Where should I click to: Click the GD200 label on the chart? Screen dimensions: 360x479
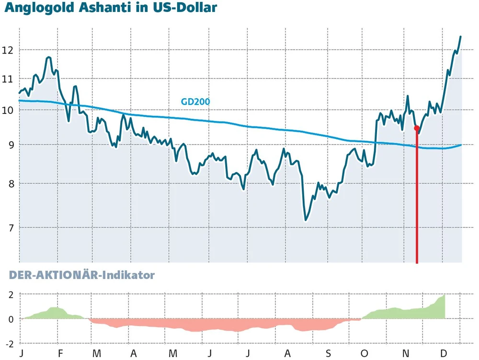(x=195, y=101)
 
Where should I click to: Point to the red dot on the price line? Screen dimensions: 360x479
(x=417, y=128)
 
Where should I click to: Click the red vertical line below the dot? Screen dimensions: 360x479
(x=417, y=201)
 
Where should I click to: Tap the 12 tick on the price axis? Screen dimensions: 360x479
(x=8, y=50)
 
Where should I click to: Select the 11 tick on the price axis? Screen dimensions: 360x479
(x=8, y=79)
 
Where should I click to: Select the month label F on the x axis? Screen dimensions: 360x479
(x=60, y=353)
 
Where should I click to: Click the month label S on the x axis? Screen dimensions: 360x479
(x=329, y=353)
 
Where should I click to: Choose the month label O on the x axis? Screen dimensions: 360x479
(x=364, y=353)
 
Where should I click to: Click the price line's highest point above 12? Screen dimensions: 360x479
(x=460, y=36)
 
